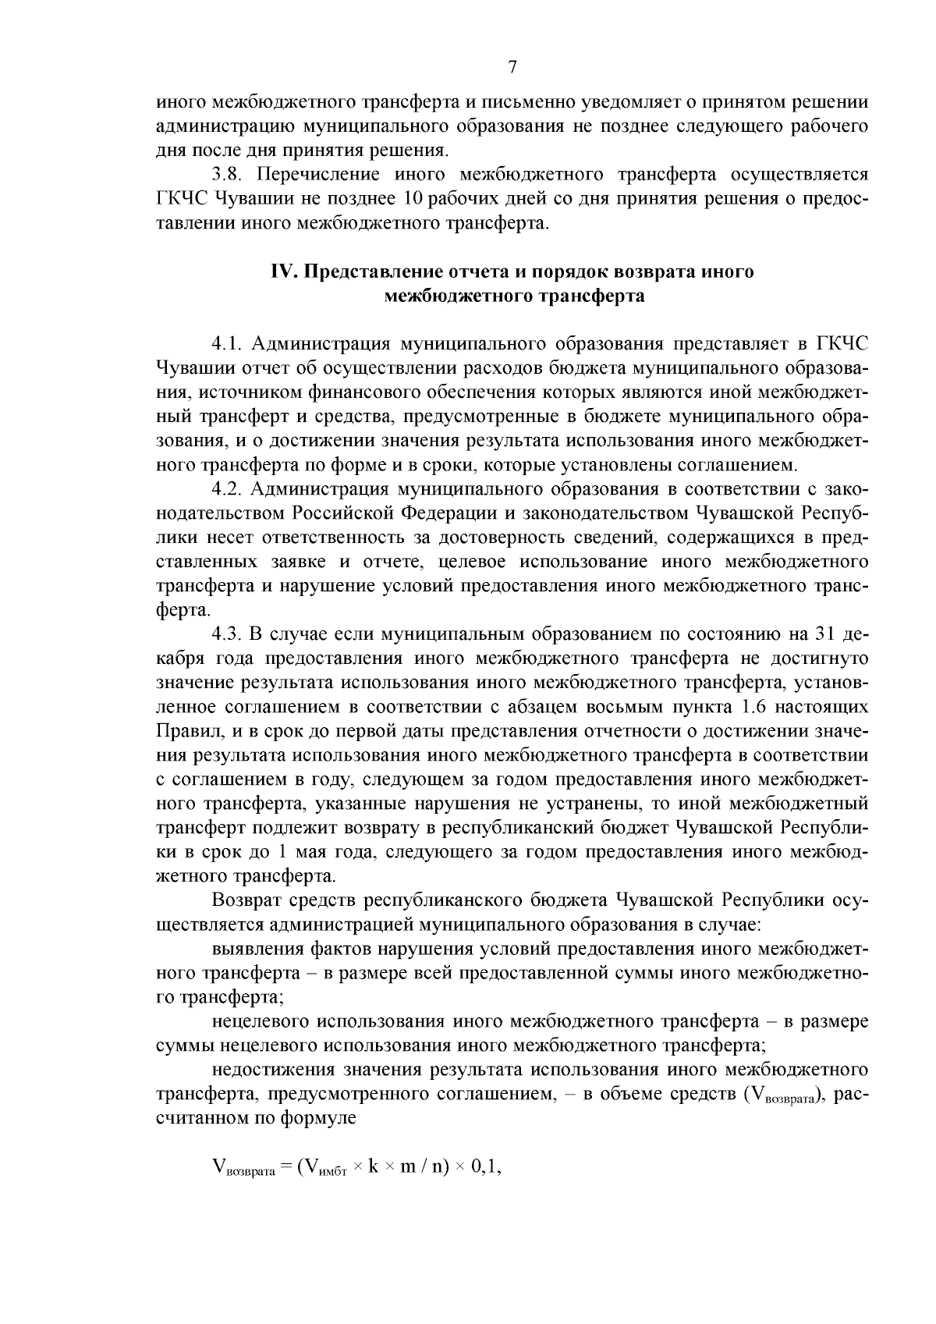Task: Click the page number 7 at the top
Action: coord(512,66)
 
